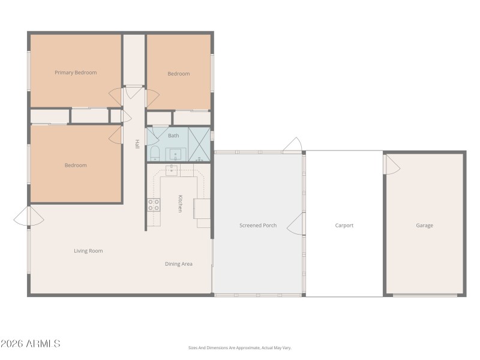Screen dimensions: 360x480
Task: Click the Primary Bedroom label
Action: (76, 73)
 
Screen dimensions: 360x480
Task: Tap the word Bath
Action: (173, 136)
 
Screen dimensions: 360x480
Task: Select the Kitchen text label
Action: (179, 203)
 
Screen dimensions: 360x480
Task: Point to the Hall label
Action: (137, 144)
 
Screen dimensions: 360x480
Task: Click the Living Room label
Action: (88, 251)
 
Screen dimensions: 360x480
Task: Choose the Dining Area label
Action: (179, 263)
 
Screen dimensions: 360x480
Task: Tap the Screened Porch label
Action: (258, 226)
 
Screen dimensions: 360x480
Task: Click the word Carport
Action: (344, 226)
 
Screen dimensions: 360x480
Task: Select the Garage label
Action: (425, 226)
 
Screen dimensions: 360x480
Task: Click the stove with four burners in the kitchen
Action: (154, 205)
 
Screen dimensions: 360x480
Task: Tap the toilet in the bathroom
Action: (154, 154)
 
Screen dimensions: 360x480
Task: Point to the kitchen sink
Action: (172, 170)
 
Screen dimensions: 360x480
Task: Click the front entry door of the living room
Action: (22, 216)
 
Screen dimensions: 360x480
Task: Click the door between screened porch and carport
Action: (295, 226)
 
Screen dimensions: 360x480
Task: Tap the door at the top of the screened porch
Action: (292, 145)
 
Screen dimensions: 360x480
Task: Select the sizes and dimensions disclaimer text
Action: (239, 347)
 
